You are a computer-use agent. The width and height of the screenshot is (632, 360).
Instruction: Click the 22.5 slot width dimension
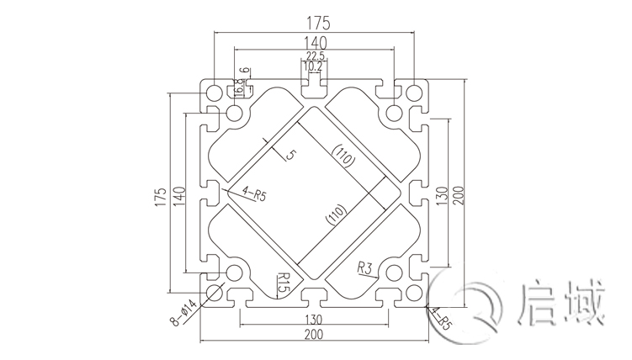pyautogui.click(x=316, y=56)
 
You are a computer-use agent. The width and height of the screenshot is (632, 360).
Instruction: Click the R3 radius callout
pyautogui.click(x=365, y=268)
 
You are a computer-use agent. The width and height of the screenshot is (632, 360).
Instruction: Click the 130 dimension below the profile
pyautogui.click(x=315, y=319)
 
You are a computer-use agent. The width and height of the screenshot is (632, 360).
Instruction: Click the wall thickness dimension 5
pyautogui.click(x=290, y=155)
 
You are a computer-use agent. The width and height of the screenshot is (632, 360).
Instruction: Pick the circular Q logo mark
pyautogui.click(x=482, y=304)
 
